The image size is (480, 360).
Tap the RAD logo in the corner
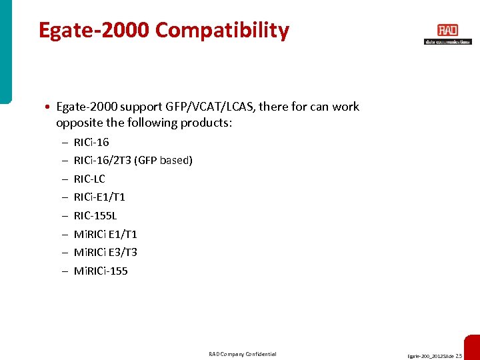tap(447, 31)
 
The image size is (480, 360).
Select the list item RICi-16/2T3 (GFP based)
tap(133, 160)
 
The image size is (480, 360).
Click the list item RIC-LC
tap(89, 179)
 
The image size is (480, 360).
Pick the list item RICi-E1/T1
tap(99, 197)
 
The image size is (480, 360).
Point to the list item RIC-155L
tap(94, 215)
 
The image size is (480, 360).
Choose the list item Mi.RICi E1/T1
tap(105, 234)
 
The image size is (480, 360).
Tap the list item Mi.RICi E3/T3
tap(105, 252)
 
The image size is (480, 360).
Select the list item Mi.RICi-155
tap(101, 271)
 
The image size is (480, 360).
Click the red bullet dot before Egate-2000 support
tap(49, 107)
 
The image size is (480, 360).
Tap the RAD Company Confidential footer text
tap(242, 354)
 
